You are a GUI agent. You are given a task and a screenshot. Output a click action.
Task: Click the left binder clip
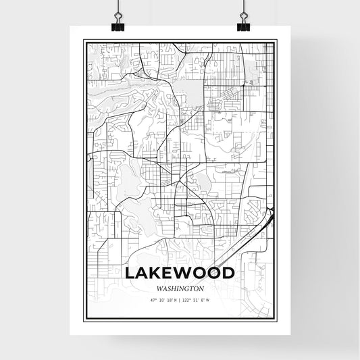[118, 22]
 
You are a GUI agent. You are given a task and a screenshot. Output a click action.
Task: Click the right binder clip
[243, 22]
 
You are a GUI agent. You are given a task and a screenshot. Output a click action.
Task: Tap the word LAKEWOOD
[180, 272]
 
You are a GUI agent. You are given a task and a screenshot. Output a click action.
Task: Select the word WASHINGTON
[180, 287]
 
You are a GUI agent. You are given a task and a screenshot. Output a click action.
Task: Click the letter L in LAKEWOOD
[130, 272]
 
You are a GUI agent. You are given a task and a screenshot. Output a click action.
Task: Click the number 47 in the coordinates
[153, 300]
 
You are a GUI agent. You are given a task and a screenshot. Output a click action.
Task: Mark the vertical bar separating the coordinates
[180, 300]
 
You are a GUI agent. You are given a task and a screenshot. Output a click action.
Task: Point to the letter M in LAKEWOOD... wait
[180, 272]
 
